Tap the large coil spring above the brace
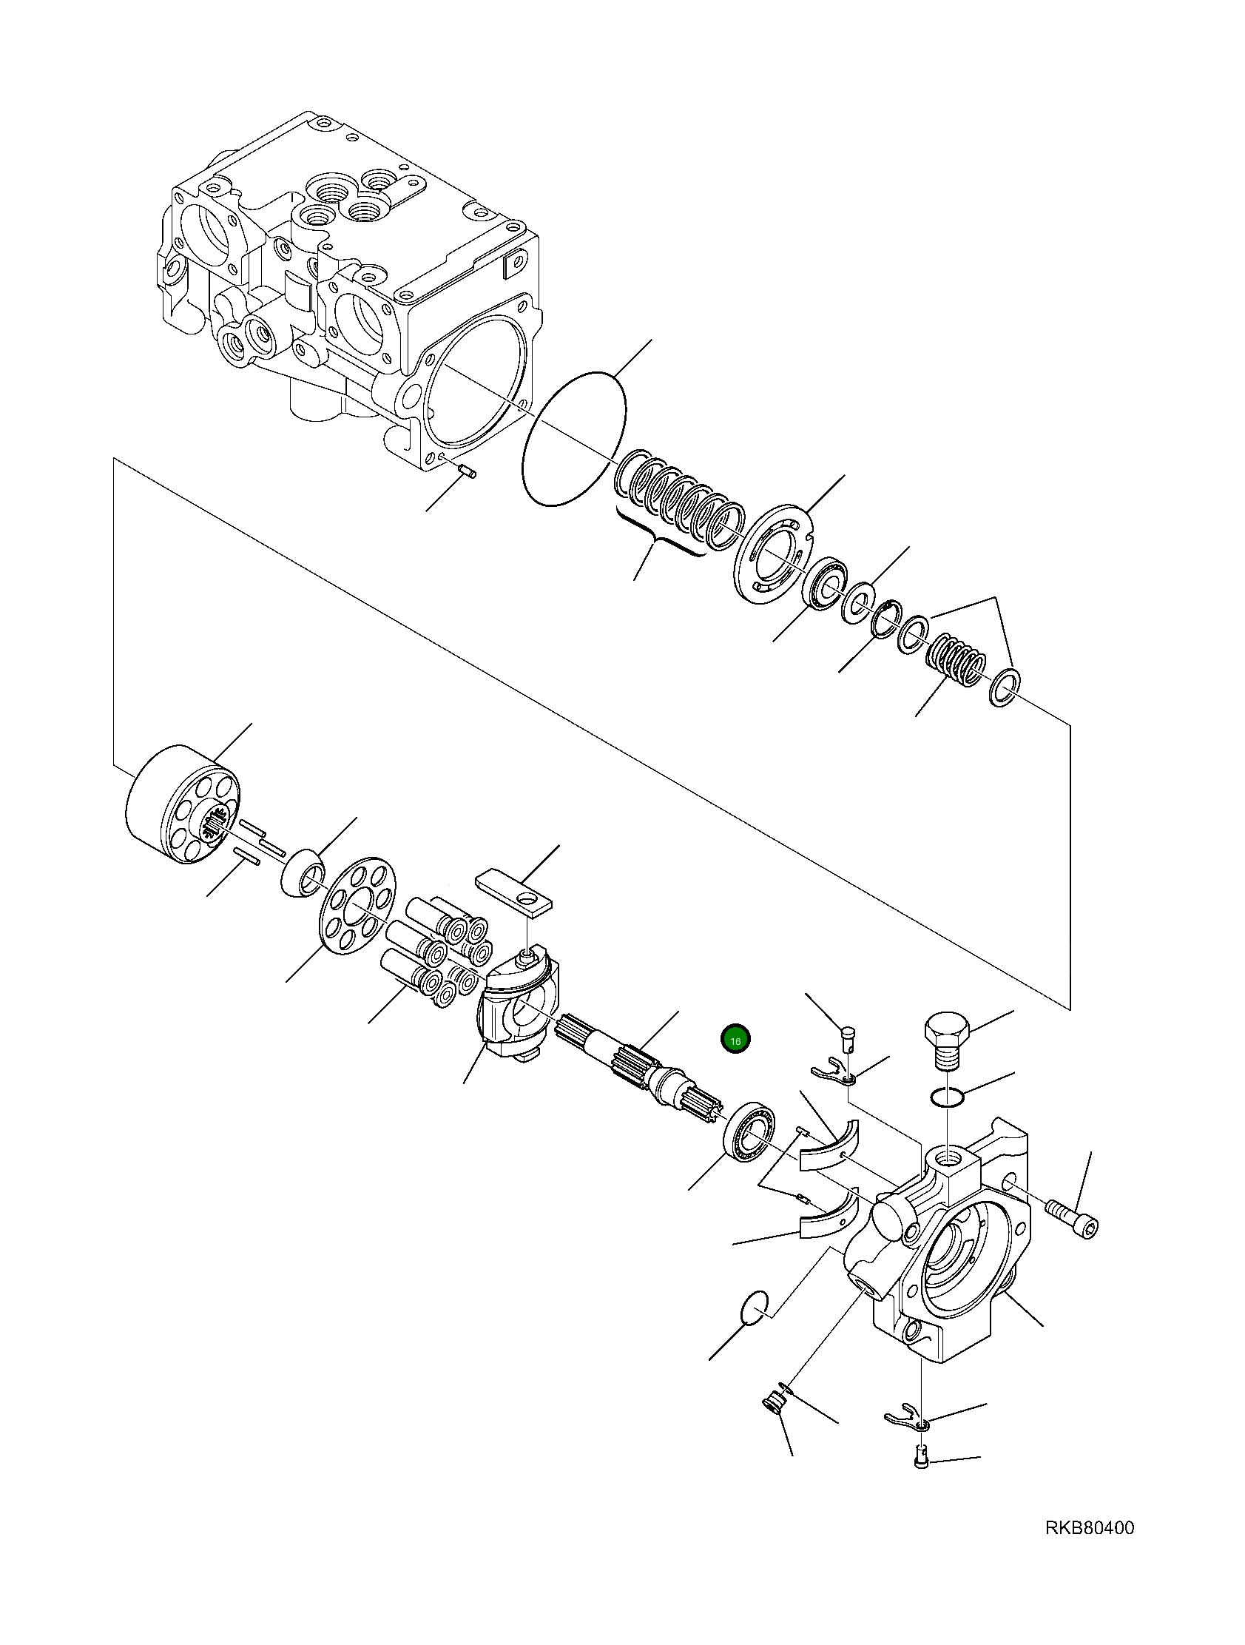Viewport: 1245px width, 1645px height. point(678,505)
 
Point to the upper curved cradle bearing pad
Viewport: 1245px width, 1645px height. point(829,1157)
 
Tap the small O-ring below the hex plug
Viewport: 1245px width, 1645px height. point(948,1096)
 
